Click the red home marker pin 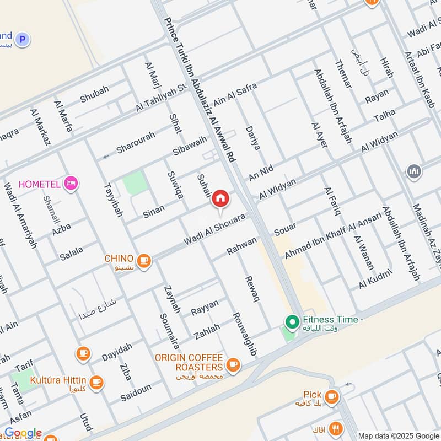[x=220, y=199]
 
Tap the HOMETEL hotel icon [x=70, y=183]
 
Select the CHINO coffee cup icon [x=144, y=260]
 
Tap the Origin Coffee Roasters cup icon [x=233, y=364]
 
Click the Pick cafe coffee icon [x=331, y=396]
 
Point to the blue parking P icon [x=22, y=39]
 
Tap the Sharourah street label [x=136, y=143]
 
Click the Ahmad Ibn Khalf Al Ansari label [x=333, y=235]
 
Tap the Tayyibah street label [x=112, y=198]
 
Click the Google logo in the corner [x=23, y=433]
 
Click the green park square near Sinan [x=135, y=183]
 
